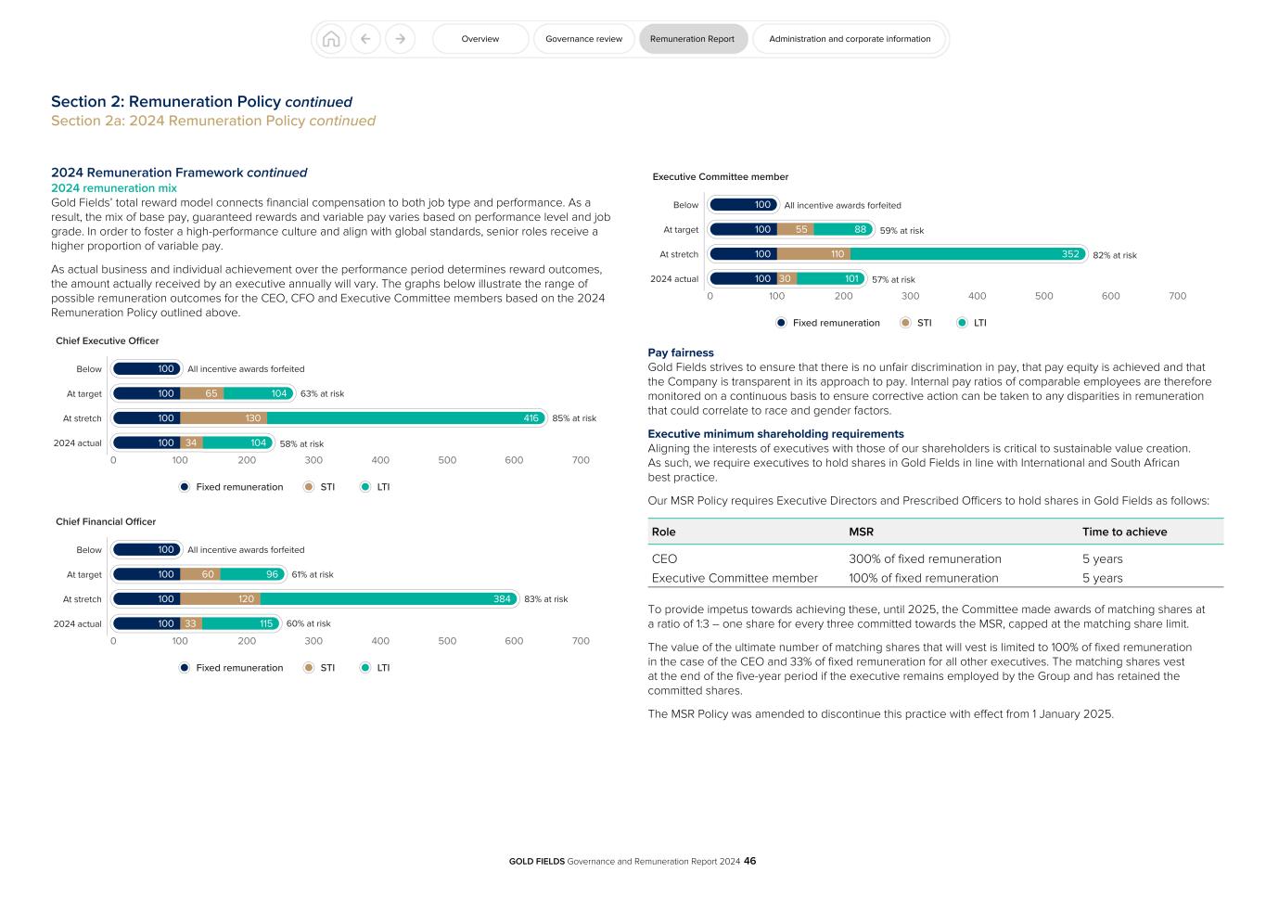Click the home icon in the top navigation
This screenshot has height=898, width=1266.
pos(331,39)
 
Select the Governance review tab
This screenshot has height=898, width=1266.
pos(583,39)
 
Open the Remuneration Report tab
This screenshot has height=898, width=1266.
pos(692,39)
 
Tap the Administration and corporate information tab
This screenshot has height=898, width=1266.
pos(850,39)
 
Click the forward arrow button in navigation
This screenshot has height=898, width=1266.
pos(400,39)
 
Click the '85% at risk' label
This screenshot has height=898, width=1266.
pos(574,418)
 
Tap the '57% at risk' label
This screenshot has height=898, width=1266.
pos(893,279)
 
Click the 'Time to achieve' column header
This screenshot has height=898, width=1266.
pos(1124,532)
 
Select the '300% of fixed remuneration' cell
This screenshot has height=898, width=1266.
pos(925,558)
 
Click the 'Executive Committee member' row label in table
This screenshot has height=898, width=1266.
pos(735,578)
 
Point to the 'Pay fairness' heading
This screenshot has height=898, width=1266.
pos(681,353)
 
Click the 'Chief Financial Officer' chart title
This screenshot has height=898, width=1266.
pos(106,521)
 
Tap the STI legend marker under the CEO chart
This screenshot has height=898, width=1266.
pos(309,487)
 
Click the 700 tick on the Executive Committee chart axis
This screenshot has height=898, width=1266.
pos(1177,296)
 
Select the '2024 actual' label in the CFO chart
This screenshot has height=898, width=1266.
pos(78,624)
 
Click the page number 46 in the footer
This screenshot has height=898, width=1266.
pos(749,861)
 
